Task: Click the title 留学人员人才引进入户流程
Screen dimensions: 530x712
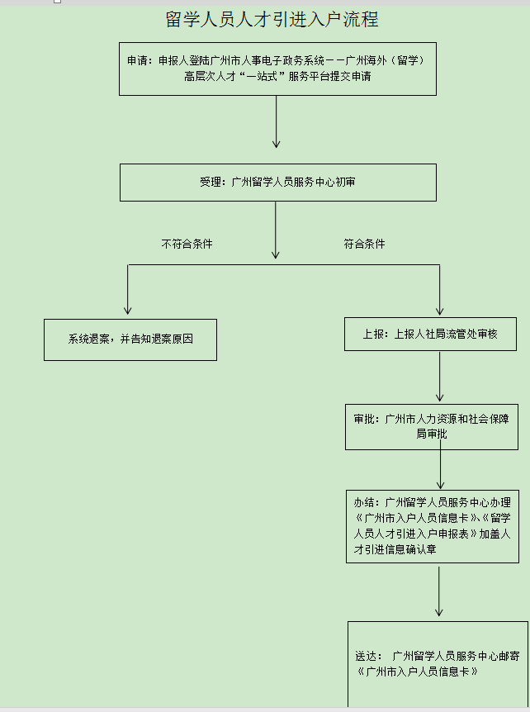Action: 272,20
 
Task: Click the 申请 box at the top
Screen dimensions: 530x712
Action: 277,69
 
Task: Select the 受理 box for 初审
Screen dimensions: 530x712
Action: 278,183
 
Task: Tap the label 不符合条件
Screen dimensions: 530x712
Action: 187,244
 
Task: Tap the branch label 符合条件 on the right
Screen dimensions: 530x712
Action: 364,244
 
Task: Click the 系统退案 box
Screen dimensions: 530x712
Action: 130,339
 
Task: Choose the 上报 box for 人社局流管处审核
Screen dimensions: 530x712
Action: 430,335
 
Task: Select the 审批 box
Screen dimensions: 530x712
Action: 432,427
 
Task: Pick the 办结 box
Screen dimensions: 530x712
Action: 433,526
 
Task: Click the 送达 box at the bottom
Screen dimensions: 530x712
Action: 438,664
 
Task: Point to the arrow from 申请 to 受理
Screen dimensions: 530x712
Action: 276,121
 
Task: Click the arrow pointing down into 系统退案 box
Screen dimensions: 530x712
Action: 127,289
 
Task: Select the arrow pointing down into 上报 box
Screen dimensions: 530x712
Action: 439,290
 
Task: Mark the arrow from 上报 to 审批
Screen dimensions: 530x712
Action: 439,377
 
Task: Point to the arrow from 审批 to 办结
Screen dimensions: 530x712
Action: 440,464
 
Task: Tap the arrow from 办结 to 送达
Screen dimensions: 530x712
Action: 439,591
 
